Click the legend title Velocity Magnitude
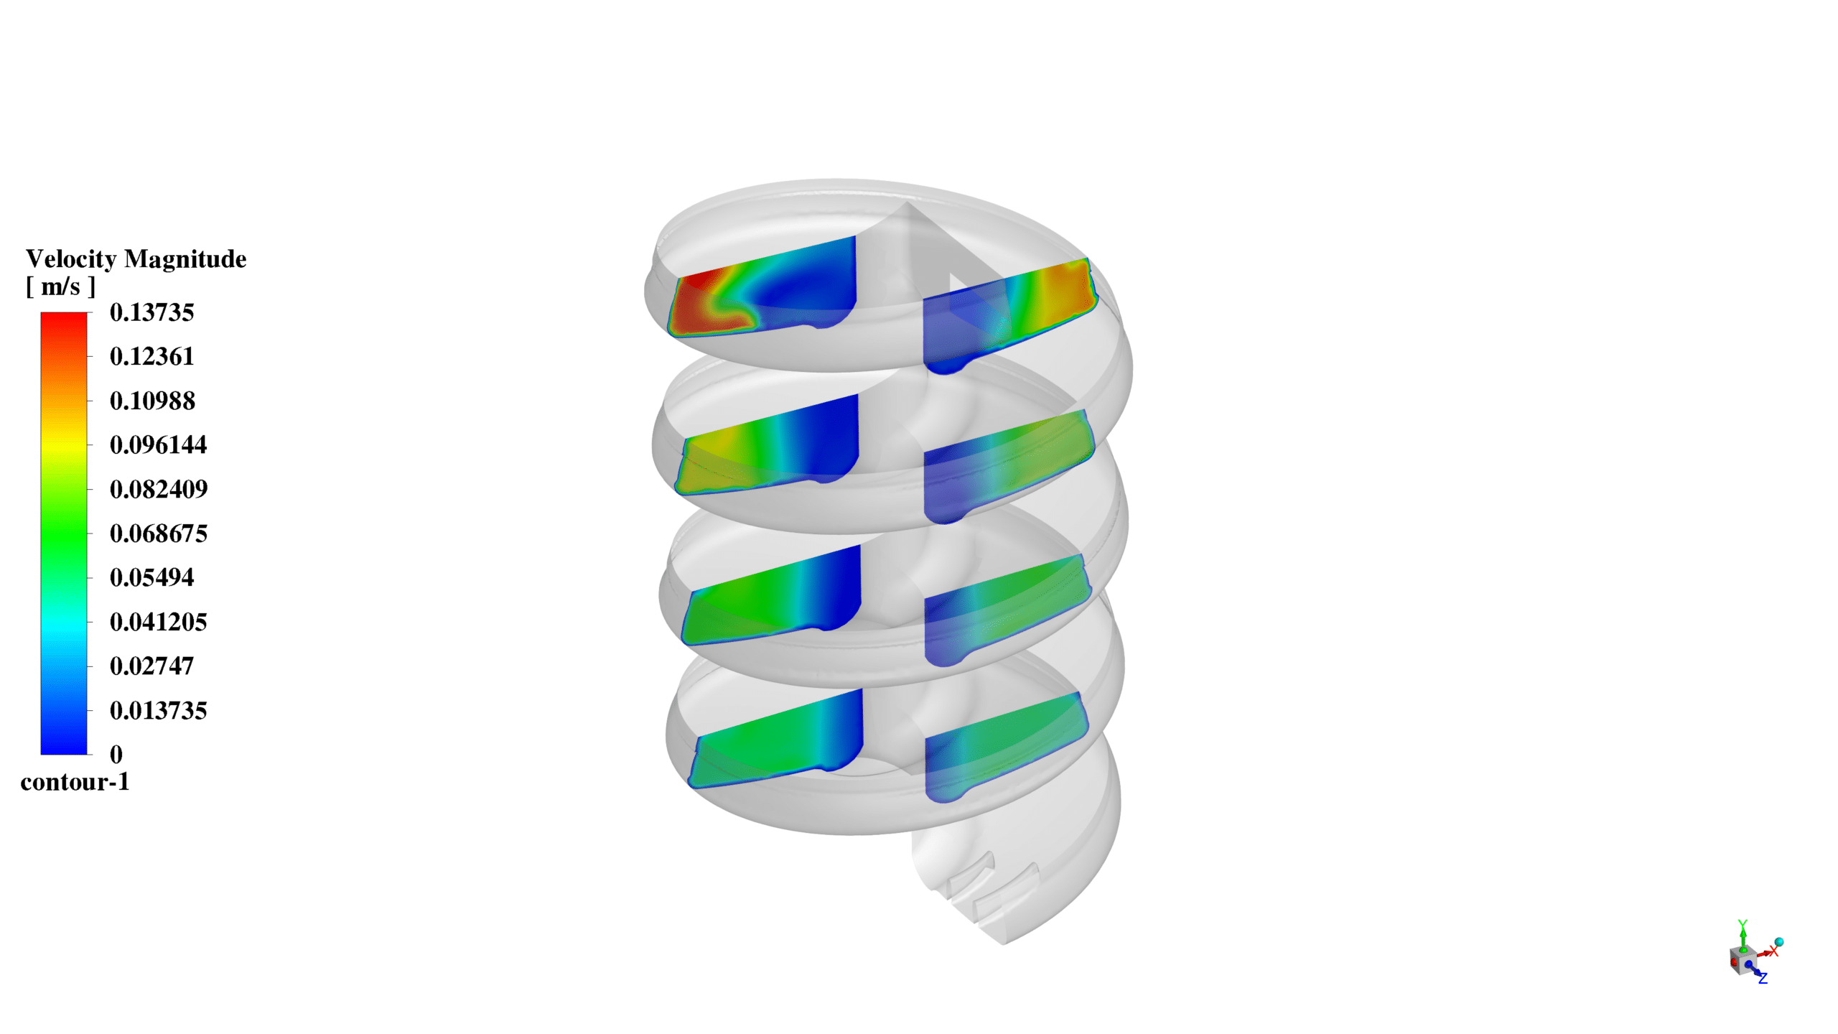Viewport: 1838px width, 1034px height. coord(136,258)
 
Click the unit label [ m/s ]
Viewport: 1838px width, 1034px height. coord(60,287)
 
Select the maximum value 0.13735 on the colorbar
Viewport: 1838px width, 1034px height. coord(151,312)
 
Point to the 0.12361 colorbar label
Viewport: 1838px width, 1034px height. coord(151,356)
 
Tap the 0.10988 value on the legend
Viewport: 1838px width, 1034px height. coord(151,401)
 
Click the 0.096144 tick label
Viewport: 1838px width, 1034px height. coord(158,444)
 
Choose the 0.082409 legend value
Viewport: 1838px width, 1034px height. coord(158,489)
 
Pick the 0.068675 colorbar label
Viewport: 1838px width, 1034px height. coord(158,534)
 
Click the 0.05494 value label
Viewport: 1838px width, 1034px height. coord(151,577)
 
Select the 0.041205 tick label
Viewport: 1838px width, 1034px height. coord(158,622)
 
